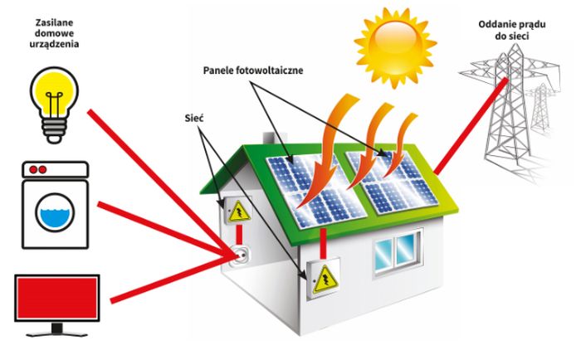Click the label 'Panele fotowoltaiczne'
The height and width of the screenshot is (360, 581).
pos(253,71)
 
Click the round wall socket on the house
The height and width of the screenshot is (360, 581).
pos(240,254)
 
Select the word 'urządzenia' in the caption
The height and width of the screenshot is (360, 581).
pos(53,42)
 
